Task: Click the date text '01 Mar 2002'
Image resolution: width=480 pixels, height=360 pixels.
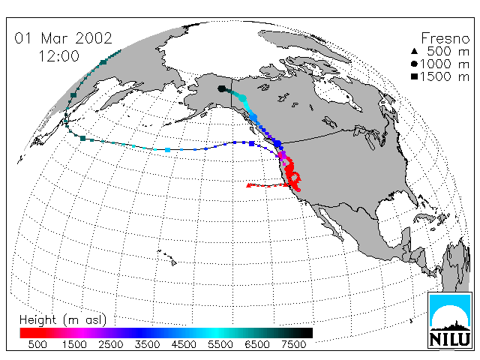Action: [x=63, y=38]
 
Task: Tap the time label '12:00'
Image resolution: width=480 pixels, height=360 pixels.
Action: [x=58, y=56]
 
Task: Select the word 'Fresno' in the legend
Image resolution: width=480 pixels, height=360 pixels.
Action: [x=445, y=38]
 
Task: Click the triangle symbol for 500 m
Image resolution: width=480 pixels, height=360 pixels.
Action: [x=414, y=52]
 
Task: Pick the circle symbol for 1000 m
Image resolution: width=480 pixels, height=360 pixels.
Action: [x=414, y=64]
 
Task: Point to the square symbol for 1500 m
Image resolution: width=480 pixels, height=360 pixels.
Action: [x=414, y=76]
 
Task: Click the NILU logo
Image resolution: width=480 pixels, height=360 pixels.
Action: [x=450, y=320]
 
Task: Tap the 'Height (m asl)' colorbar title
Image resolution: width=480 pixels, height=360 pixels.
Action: [x=63, y=320]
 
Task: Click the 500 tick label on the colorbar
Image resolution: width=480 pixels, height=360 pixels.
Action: [x=37, y=344]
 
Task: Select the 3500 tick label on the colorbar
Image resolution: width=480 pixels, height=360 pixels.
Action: [x=147, y=344]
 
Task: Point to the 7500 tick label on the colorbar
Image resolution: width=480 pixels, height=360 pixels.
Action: [x=293, y=344]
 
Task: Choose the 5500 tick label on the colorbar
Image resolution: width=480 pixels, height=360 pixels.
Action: [x=220, y=344]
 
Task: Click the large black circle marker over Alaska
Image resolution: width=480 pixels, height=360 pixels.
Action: [x=222, y=89]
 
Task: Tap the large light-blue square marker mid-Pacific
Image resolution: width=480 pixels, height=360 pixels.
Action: [x=167, y=150]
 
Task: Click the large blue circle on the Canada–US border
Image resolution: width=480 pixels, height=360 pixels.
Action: [x=277, y=143]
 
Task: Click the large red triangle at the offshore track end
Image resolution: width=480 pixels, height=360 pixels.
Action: [x=249, y=185]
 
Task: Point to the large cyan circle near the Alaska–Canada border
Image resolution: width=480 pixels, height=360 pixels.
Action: [x=242, y=98]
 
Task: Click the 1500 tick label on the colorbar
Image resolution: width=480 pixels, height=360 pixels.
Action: [x=74, y=344]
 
